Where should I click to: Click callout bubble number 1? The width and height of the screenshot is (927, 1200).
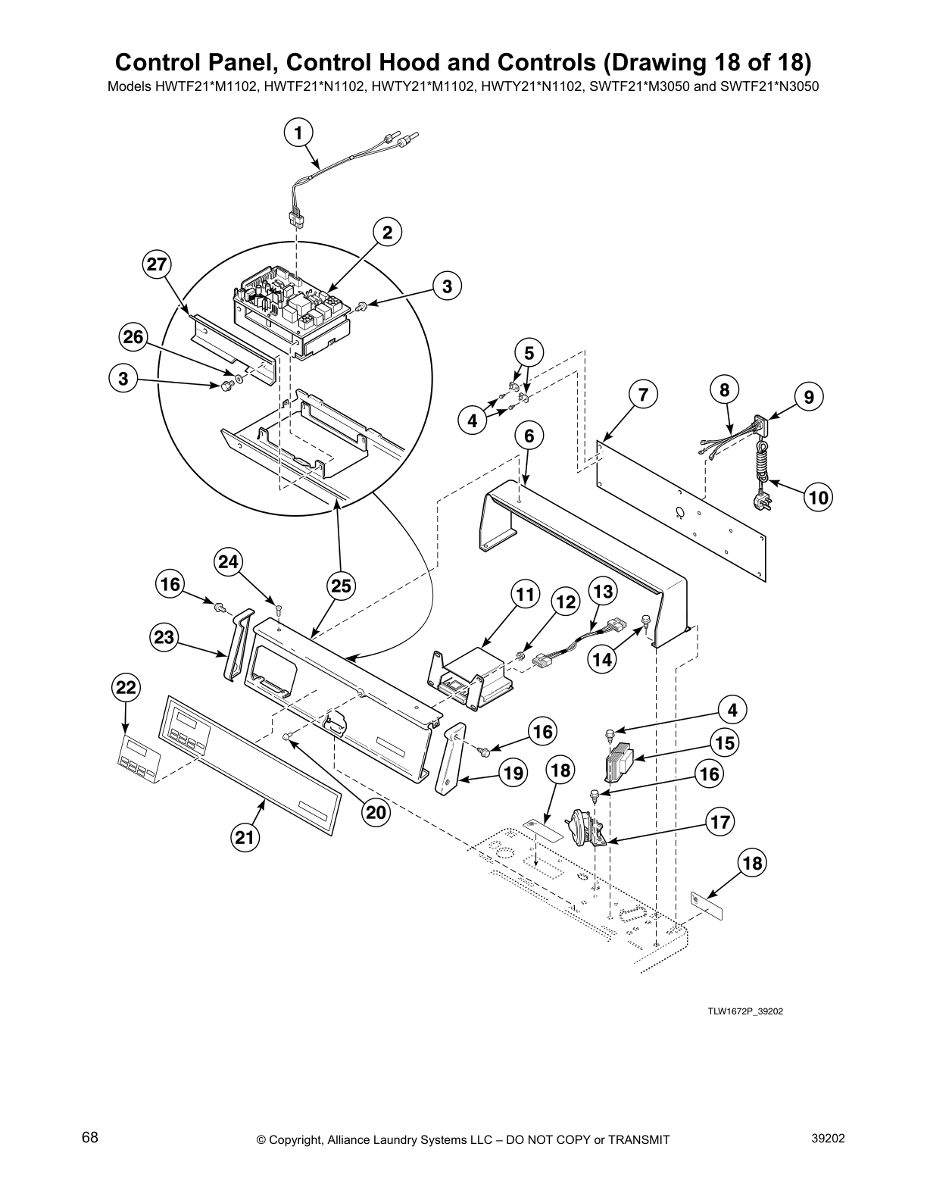point(298,133)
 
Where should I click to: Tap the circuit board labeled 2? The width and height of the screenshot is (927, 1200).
point(292,311)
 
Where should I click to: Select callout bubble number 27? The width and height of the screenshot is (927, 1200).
point(157,265)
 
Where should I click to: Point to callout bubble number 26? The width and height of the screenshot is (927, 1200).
point(133,337)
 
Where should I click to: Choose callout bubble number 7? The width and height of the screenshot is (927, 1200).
point(643,395)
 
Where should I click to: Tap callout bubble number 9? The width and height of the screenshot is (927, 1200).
point(808,396)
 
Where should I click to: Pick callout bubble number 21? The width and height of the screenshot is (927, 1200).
point(243,837)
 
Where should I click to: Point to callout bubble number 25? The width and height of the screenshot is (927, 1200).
point(342,586)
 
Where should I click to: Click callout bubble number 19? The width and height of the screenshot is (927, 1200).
point(513,773)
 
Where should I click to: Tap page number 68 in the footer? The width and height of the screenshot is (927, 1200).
point(90,1138)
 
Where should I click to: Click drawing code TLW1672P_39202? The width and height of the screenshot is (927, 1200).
point(740,1010)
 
